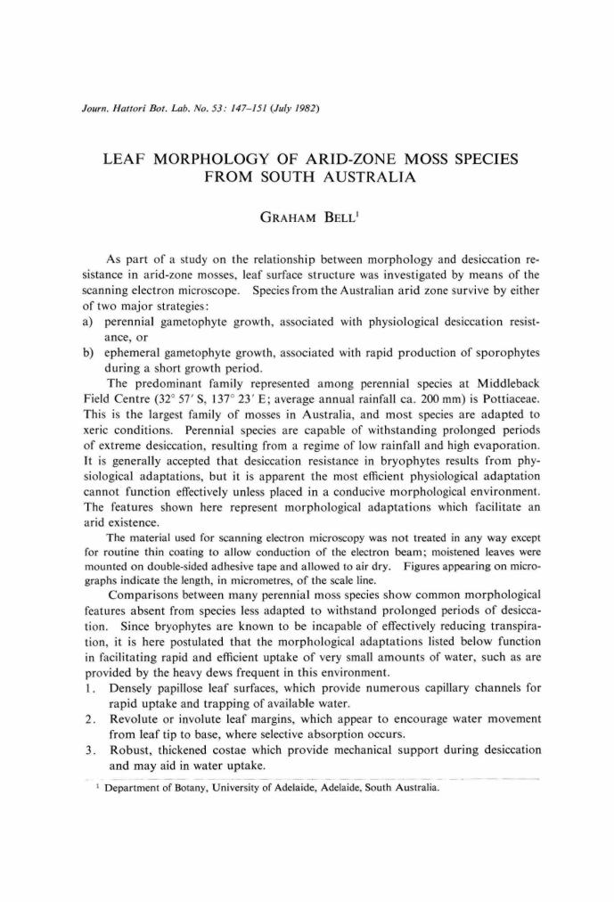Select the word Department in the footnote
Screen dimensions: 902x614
click(x=135, y=788)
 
